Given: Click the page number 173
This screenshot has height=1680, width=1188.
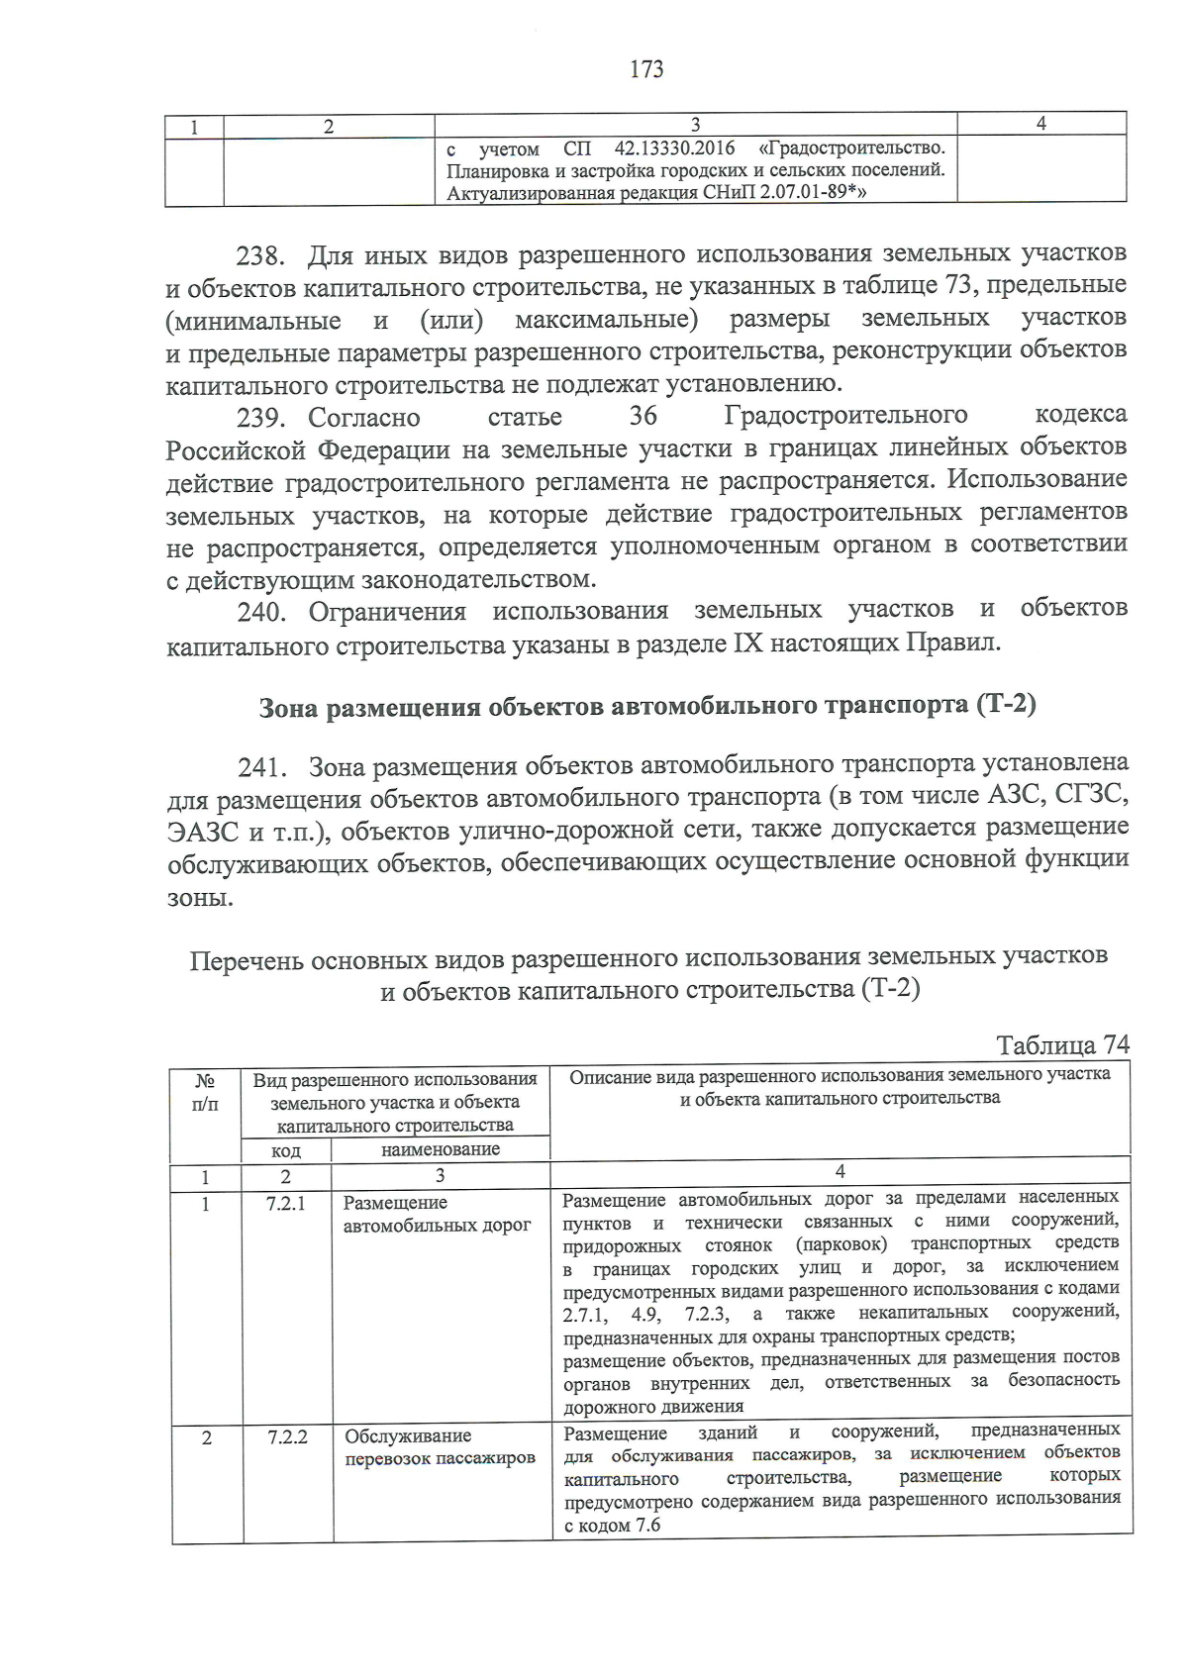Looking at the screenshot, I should pos(645,69).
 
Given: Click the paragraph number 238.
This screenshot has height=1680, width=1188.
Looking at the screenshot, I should pos(260,256).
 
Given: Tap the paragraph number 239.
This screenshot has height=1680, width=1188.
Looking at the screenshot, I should pos(260,418).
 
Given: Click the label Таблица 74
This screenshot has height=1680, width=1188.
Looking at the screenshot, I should pos(1062,1045).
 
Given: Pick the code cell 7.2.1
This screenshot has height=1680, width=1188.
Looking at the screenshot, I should pos(286,1203).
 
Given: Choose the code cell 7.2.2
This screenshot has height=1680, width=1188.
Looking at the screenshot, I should pos(287,1436).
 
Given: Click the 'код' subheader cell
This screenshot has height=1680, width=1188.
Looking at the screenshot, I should pos(286,1150).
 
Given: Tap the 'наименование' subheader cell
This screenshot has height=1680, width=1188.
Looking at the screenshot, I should pos(441,1149).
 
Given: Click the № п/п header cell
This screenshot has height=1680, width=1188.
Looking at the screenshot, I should pos(205,1092).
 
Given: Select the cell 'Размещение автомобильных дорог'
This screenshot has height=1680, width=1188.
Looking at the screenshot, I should pos(437,1214).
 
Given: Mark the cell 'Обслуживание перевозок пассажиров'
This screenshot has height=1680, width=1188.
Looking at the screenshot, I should pos(440,1446).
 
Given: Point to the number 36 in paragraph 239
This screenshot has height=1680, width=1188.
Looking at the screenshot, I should pos(643,416).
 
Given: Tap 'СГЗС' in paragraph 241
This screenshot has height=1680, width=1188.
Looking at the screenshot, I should pos(1091,796).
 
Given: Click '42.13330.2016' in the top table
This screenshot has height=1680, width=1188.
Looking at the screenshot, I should pos(674,148).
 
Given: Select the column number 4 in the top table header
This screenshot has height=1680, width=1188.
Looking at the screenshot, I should pos(1040,124).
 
